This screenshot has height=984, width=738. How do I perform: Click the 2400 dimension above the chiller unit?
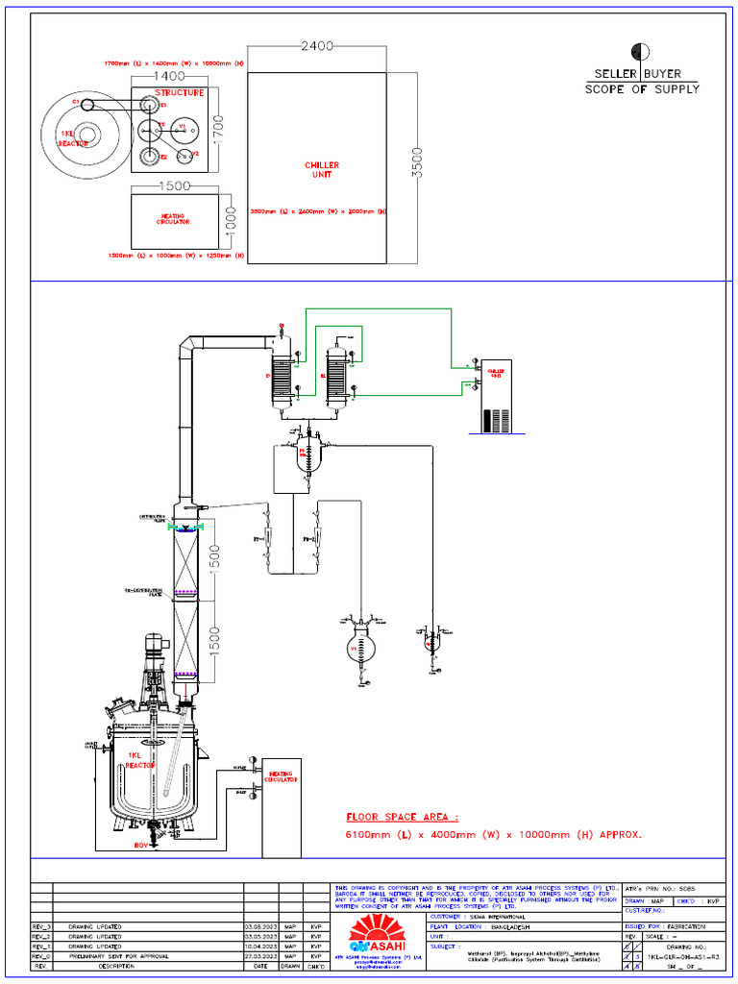tap(318, 45)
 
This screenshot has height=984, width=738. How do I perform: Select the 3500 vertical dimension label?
tap(417, 164)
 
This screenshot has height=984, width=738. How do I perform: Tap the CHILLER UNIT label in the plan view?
tap(322, 170)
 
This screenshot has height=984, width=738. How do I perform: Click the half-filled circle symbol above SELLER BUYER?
tap(638, 51)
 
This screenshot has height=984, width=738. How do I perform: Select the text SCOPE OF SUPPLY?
tap(642, 89)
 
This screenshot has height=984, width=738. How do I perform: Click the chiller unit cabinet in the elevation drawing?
tap(496, 395)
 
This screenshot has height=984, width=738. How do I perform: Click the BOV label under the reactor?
tap(142, 846)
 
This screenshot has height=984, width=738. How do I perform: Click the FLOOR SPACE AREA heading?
tap(403, 817)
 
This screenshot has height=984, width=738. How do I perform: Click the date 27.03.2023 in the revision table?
tap(260, 956)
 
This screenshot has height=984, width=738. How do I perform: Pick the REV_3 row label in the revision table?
tap(40, 926)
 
